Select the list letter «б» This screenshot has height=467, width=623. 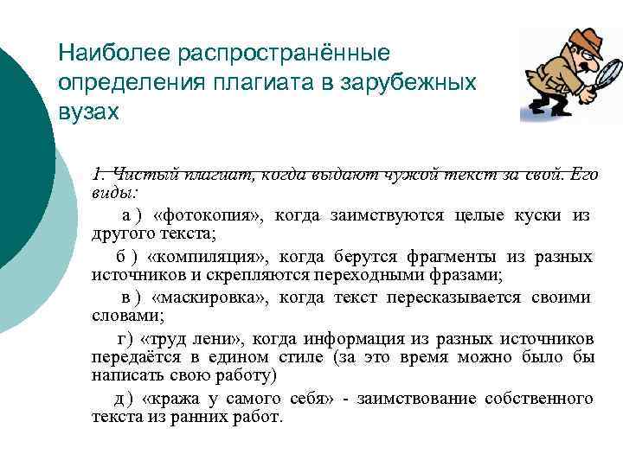tap(120, 257)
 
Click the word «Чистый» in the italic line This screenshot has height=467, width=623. tap(138, 173)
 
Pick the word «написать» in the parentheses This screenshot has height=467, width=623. tap(119, 376)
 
